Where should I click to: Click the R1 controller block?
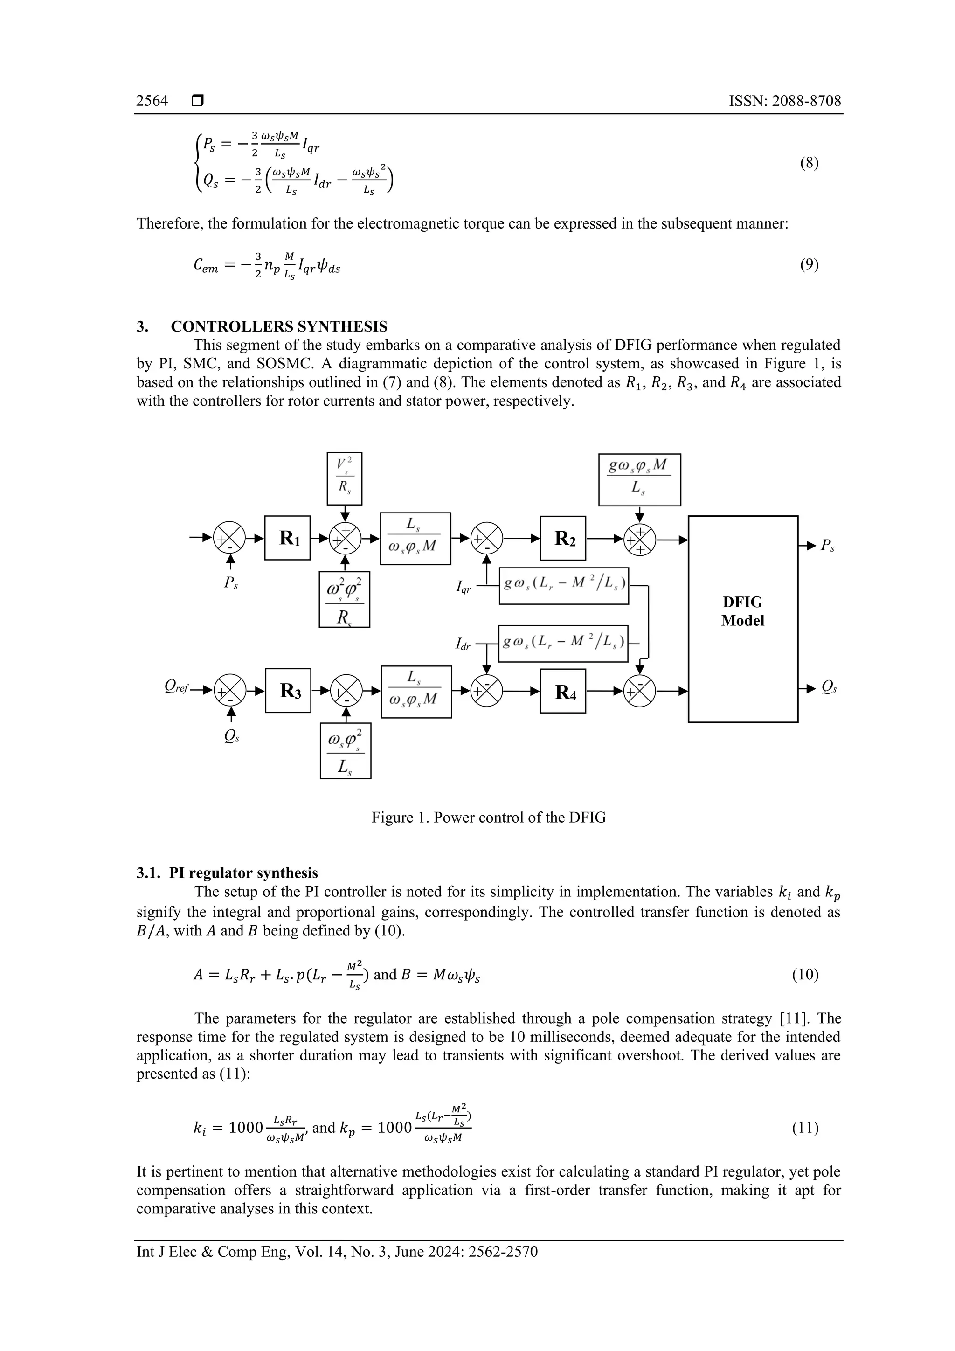click(x=287, y=538)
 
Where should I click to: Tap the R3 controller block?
click(x=288, y=690)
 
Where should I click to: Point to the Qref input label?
click(x=177, y=686)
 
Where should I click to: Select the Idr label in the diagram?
click(x=463, y=644)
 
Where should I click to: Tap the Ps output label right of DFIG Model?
click(x=828, y=546)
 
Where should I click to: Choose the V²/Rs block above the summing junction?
click(x=344, y=478)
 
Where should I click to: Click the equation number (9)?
click(x=809, y=265)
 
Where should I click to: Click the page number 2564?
click(x=152, y=101)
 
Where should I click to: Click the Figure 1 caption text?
click(x=488, y=818)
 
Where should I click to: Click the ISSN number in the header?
click(x=785, y=101)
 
